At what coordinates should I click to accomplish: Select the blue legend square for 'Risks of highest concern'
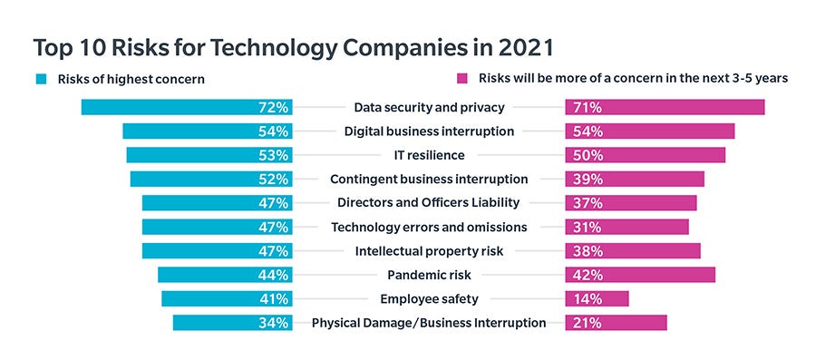point(41,79)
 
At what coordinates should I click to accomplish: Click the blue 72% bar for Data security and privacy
point(186,107)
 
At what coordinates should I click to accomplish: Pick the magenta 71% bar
point(665,107)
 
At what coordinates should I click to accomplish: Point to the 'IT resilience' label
point(429,155)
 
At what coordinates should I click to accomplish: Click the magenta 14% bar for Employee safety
point(597,298)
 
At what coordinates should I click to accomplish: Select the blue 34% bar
point(232,322)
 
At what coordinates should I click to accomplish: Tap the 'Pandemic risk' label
point(429,275)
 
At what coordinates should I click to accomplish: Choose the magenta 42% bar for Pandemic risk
point(640,275)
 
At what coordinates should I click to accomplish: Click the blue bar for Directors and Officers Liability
point(217,202)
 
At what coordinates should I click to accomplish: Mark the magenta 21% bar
point(616,322)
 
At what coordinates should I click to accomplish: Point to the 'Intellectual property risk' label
point(429,250)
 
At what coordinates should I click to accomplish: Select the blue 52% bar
point(210,179)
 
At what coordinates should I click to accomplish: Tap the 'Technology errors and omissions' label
point(429,227)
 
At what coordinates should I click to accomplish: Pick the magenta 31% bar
point(627,227)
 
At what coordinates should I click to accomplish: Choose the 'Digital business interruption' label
point(429,131)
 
